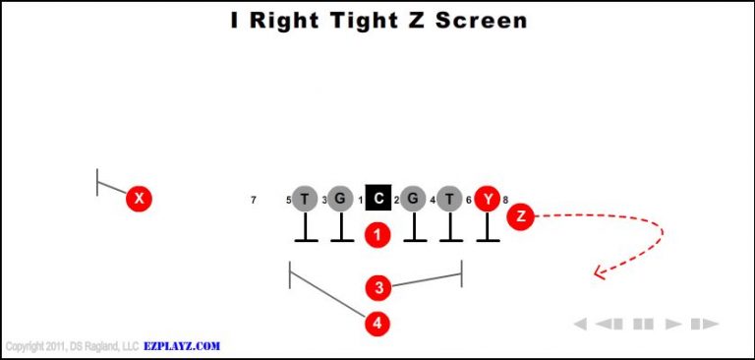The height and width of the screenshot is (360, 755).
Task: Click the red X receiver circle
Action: (140, 199)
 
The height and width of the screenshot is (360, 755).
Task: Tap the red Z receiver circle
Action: (520, 215)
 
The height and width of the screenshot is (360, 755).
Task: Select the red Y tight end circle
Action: (488, 200)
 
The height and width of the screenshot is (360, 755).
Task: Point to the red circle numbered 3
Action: (378, 287)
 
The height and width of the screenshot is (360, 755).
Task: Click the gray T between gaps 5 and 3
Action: (305, 200)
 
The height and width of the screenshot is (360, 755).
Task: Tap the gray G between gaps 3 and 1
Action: (340, 200)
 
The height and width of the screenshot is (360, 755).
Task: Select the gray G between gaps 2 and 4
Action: (414, 200)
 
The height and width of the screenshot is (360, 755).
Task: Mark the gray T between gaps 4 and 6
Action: (450, 200)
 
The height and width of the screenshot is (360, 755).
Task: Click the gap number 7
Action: (254, 201)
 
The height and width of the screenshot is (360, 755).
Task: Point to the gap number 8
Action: (505, 201)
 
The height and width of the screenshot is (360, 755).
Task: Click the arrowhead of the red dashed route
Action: (597, 274)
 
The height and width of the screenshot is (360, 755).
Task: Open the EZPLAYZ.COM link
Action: (182, 346)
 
